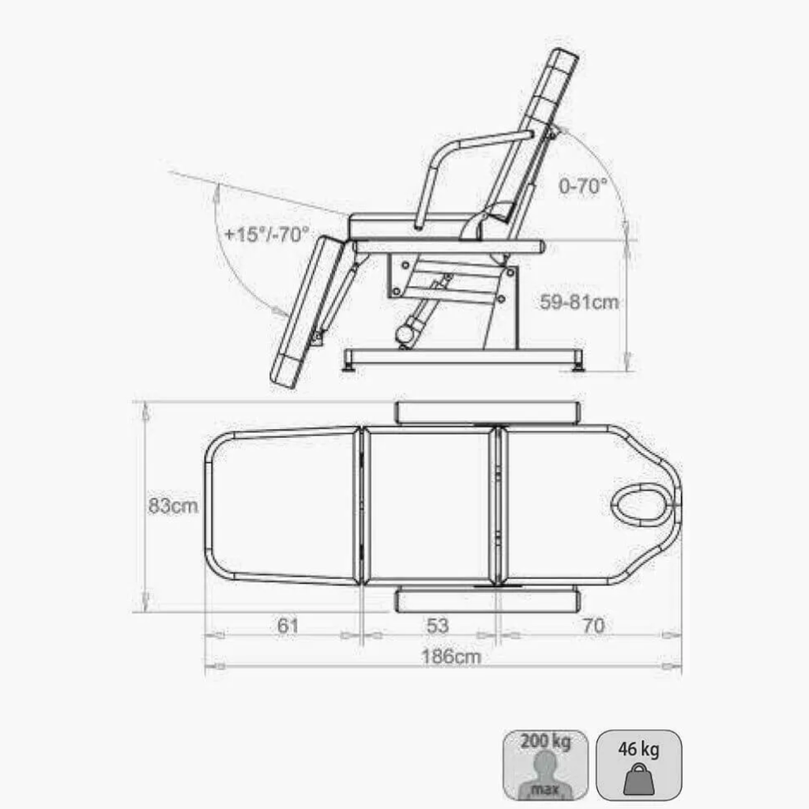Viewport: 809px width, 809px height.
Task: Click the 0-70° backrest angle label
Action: coord(582,186)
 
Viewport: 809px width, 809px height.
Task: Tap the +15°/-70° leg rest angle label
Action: coord(266,234)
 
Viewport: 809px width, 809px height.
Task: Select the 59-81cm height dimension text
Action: coord(579,302)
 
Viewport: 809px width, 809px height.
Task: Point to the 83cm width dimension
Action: coord(173,506)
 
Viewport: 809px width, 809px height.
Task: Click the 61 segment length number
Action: coord(288,626)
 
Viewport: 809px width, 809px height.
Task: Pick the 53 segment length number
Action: coord(438,626)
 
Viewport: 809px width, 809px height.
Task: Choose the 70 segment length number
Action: coord(593,626)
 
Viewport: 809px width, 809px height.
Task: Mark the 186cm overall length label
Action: coord(451,657)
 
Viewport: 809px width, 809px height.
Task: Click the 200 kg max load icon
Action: coord(545,765)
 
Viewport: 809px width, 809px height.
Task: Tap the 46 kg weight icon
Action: coord(638,765)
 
